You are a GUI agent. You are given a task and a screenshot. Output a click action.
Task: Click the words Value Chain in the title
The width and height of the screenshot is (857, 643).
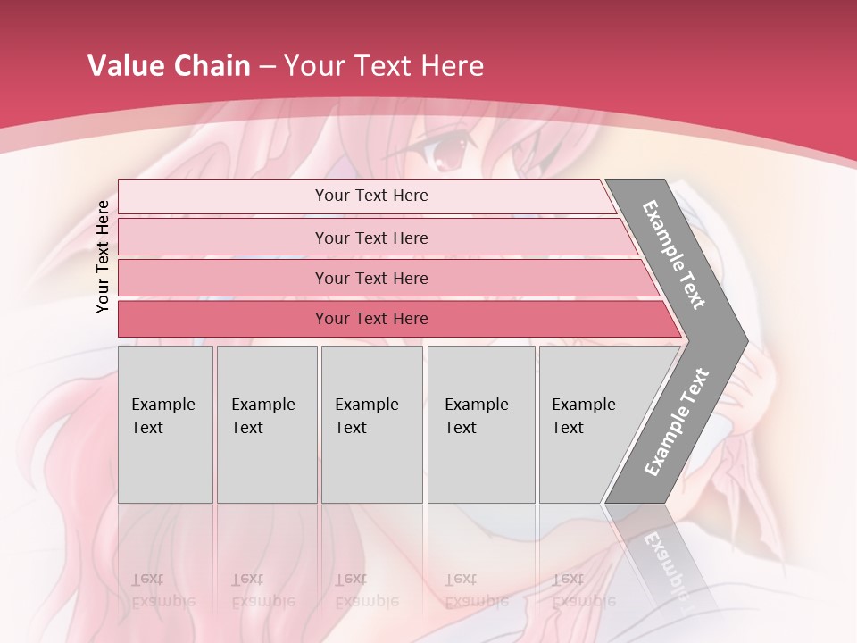coord(169,66)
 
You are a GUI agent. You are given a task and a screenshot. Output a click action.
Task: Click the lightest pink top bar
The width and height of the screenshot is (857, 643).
coord(223,196)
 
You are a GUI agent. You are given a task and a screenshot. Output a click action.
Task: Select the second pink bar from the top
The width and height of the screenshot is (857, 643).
coord(223,238)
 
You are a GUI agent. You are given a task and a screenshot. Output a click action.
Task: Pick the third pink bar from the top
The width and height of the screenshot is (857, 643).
coord(223,278)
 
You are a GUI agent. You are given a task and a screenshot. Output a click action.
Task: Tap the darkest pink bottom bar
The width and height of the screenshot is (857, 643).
coord(223,319)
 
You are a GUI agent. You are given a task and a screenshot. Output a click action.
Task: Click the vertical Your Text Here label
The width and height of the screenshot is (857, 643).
coord(103,256)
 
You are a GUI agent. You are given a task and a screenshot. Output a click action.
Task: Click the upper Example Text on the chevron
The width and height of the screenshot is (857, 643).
coord(674,255)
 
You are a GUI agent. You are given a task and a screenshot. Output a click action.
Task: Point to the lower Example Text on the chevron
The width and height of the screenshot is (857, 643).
coord(677,422)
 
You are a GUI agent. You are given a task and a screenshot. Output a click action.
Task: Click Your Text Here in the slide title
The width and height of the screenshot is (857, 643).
coord(384,66)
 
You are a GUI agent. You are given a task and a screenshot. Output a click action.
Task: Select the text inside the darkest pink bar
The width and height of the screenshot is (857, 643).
coord(371,319)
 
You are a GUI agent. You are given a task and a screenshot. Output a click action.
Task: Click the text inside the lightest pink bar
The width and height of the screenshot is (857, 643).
coord(371,196)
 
